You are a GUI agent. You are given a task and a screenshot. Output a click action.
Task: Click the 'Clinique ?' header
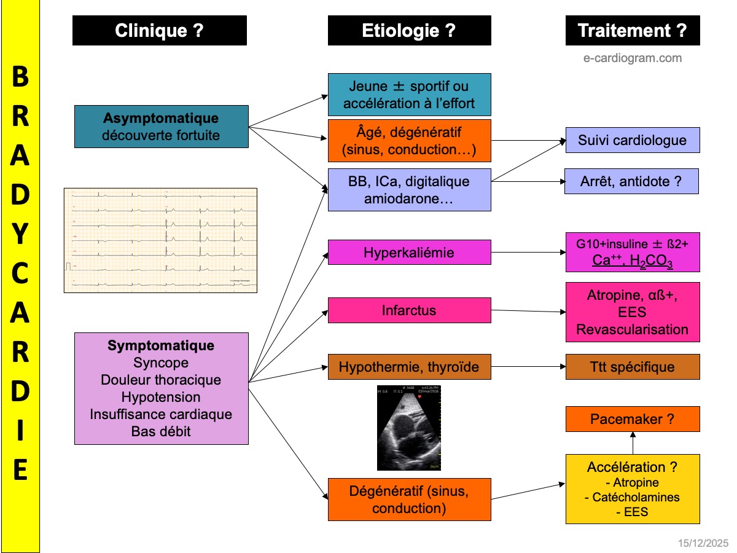(x=160, y=31)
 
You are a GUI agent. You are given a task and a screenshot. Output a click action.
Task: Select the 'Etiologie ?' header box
(x=409, y=31)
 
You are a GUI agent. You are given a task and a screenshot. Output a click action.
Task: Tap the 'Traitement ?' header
(x=633, y=31)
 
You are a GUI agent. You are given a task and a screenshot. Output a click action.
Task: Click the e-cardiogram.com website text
(x=633, y=58)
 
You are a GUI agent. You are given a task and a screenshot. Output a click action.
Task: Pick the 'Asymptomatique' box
(x=161, y=126)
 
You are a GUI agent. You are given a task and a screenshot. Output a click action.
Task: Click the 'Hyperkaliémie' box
(x=409, y=253)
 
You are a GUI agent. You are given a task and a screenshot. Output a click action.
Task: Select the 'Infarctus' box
(x=409, y=310)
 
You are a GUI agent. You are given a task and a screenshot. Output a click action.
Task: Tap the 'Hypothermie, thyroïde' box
(x=409, y=367)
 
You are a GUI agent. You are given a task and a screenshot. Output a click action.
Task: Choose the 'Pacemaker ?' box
(x=633, y=419)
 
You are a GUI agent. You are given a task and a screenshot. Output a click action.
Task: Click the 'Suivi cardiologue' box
(x=632, y=140)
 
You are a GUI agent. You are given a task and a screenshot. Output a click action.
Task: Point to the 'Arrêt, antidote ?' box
(x=631, y=181)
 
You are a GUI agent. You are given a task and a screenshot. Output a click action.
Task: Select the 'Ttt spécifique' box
(x=633, y=367)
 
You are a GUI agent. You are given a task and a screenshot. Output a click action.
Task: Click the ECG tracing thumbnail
(x=160, y=240)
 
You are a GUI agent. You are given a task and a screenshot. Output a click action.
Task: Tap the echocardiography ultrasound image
(x=409, y=428)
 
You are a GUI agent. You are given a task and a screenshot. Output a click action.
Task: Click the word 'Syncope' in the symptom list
(x=161, y=363)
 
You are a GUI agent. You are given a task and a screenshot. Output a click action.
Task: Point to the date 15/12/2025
(x=703, y=543)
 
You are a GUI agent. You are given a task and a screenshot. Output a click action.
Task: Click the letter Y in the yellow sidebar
(x=20, y=235)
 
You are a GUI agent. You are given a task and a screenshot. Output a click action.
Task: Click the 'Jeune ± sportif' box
(x=409, y=95)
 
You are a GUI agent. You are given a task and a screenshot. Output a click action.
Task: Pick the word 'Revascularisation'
(x=633, y=329)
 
